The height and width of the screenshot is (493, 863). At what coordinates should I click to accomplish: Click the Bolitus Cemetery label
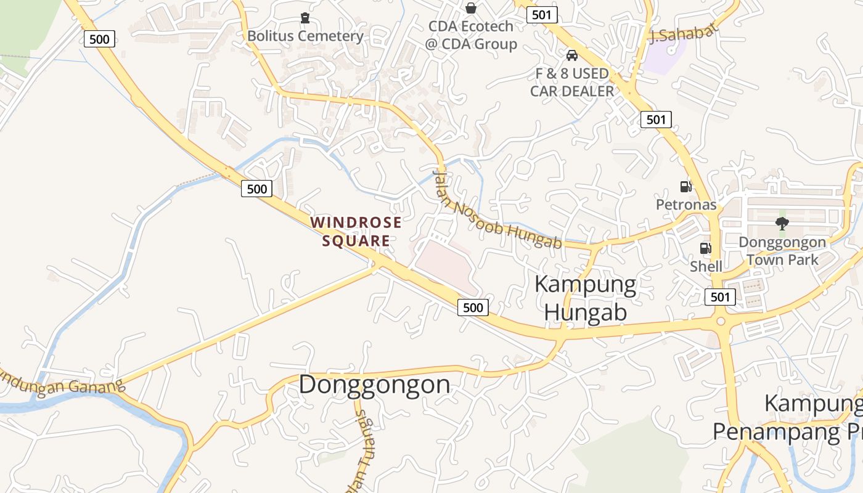coord(305,36)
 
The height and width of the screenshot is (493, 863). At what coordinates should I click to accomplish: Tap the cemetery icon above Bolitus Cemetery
coord(305,17)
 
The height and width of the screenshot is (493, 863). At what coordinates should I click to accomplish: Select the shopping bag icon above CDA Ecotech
coord(471,8)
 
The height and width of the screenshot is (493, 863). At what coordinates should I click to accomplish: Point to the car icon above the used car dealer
coord(572,55)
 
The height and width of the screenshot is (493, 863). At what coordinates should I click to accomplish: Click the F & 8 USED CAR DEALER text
coord(572,83)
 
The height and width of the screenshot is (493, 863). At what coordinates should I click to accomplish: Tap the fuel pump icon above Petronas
coord(685,186)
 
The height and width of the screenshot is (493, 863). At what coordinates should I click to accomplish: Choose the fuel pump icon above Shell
coord(705,248)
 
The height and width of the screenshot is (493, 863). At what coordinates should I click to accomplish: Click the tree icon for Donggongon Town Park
coord(782,223)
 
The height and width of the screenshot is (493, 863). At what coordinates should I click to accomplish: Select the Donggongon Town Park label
coord(782,251)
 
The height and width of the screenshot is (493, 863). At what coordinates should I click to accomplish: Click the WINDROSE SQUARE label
coord(356,231)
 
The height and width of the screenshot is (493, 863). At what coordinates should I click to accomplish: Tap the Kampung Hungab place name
coord(586,298)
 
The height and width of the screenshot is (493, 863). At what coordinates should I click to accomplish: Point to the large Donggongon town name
coord(375,385)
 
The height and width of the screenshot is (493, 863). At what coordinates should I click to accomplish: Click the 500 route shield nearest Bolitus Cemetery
coord(99,39)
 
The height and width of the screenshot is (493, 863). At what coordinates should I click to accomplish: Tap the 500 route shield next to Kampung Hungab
coord(473,307)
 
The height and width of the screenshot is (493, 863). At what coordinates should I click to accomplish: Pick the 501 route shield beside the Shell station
coord(720,297)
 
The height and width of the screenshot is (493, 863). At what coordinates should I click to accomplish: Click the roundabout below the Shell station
coord(721,322)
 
